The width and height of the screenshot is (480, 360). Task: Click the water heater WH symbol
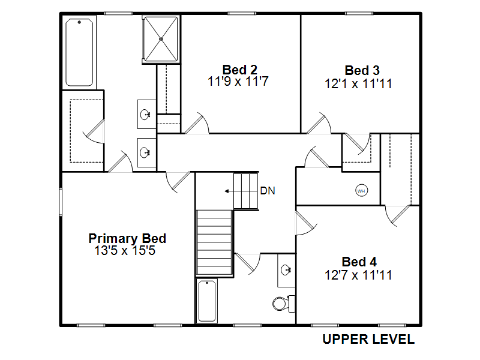tap(362, 191)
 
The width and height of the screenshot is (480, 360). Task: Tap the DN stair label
tap(268, 191)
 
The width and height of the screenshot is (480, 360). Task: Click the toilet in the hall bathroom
tap(283, 304)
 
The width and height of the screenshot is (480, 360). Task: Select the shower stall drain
tap(161, 39)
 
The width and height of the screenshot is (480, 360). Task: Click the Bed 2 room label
tap(239, 70)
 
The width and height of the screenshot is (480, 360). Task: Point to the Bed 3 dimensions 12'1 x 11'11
tap(358, 83)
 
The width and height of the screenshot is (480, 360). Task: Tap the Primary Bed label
tap(127, 238)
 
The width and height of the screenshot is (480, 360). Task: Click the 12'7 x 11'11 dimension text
tap(358, 275)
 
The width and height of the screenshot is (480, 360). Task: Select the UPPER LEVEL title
tap(368, 339)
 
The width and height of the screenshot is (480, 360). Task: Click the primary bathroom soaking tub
tap(79, 53)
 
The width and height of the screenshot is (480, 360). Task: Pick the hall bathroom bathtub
tap(206, 301)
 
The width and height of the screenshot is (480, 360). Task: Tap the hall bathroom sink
tap(286, 270)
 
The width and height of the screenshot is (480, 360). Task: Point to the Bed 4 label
tap(359, 262)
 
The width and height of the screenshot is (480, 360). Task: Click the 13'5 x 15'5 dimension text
tap(125, 250)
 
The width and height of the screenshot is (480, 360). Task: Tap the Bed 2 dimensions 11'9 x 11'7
tap(238, 82)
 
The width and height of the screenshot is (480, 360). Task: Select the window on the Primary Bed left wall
tap(61, 202)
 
